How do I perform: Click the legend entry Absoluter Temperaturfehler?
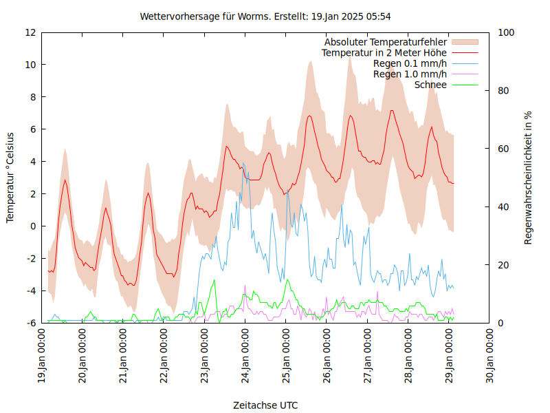coord(386,42)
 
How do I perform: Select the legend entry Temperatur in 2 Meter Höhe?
coord(384,53)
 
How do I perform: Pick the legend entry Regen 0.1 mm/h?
coord(410,63)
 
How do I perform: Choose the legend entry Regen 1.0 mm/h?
coord(410,74)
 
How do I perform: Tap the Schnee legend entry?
coord(430,85)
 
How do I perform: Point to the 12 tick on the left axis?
coord(30,32)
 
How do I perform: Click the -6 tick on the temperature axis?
coord(30,323)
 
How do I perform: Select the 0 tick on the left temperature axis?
coord(33,226)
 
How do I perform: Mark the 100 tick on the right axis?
coord(506,32)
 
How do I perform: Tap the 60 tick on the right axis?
coord(503,149)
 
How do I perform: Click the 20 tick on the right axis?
coord(503,265)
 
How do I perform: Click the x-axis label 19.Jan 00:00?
coord(43,355)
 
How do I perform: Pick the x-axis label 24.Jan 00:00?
coord(246,355)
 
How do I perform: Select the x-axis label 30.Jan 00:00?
coord(491,355)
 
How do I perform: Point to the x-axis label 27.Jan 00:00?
coord(368,355)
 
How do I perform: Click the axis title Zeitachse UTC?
coord(265,405)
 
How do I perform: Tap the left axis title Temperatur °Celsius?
coord(10,178)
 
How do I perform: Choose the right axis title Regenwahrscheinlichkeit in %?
coord(528,178)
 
